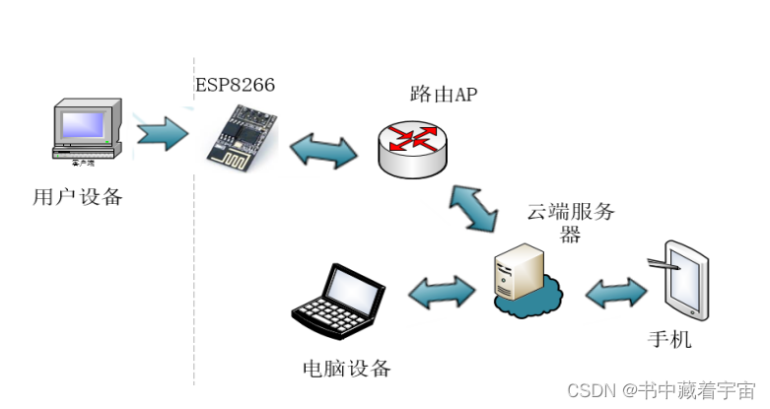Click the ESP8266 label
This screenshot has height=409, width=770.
(235, 86)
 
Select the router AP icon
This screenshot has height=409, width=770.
(411, 147)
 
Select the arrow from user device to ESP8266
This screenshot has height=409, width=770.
(162, 131)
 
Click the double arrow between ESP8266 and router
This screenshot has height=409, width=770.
(324, 150)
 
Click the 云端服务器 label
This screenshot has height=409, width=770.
(571, 222)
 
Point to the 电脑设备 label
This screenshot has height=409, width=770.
(346, 370)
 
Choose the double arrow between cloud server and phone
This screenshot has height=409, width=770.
(616, 291)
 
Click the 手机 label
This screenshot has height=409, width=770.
(669, 340)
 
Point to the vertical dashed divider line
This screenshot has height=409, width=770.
(194, 246)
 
